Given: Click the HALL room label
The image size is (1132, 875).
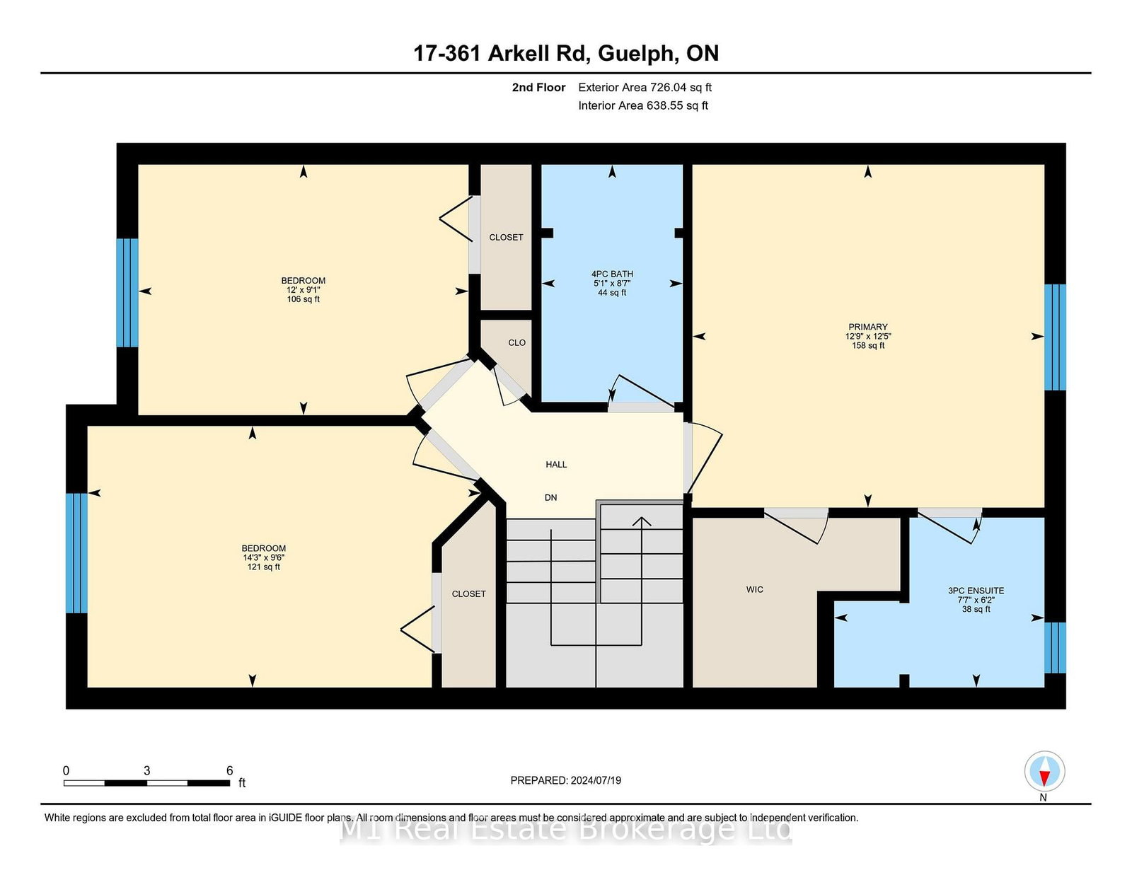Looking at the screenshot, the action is click(556, 464).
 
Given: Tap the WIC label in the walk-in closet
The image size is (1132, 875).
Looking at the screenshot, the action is click(754, 589).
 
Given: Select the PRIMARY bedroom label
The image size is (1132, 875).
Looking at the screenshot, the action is click(868, 327).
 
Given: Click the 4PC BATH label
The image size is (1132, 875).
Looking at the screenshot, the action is click(612, 274).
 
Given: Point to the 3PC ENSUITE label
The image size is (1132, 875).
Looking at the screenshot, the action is click(976, 590).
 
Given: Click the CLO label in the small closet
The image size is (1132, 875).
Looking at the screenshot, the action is click(516, 342).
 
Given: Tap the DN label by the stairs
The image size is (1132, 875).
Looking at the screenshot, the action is click(550, 497).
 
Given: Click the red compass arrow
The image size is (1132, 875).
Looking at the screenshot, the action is click(1044, 778).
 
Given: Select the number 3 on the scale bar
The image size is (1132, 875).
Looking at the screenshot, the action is click(147, 770).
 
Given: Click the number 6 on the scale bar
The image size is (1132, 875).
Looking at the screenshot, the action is click(229, 770).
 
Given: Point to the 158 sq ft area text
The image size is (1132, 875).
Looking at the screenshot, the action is click(868, 344).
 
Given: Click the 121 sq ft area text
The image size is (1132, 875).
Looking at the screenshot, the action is click(264, 567).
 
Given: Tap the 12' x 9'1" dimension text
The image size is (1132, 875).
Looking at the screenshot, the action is click(304, 289).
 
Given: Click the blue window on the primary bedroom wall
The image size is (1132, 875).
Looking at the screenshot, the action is click(1055, 337).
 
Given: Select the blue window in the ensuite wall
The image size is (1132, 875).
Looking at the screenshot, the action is click(1055, 647).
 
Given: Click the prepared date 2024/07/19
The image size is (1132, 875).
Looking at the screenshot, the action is click(596, 780).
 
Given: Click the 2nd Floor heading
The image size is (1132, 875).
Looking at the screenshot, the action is click(538, 88).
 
